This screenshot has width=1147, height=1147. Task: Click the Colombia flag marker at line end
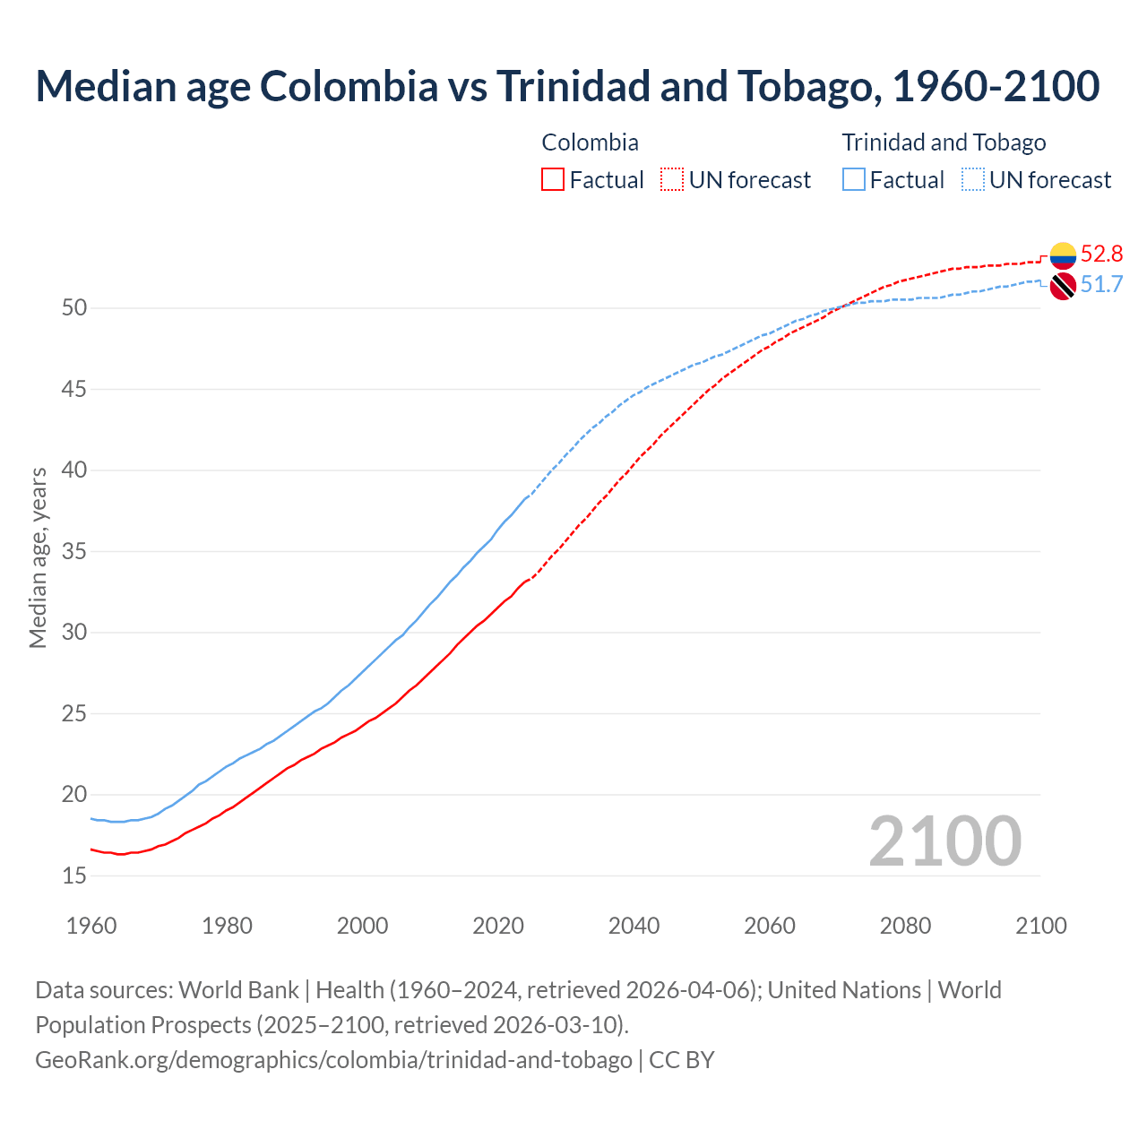pos(1063,255)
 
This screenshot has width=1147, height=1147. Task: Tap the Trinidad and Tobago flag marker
pos(1063,286)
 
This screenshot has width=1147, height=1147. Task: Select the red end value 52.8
pos(1101,254)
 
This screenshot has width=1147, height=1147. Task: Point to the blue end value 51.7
pos(1101,285)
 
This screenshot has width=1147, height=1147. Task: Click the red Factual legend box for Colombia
pos(553,180)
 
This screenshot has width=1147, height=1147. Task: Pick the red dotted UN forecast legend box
pos(672,180)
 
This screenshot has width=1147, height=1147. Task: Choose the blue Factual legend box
pos(854,180)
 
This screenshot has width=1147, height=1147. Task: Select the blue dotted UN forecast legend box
pos(973,180)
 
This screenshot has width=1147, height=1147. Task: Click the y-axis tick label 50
pos(74,308)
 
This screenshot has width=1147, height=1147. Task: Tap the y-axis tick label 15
pos(74,875)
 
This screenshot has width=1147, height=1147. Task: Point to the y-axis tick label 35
pos(74,551)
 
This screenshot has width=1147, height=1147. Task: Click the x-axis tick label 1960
pos(91,926)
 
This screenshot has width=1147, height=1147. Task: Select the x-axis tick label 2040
pos(634,926)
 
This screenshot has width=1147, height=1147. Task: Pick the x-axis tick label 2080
pos(905,926)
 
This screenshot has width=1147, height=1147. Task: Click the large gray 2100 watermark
pos(944,841)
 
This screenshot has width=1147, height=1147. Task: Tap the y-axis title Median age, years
pos(38,557)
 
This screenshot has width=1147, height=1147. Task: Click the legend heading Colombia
pos(591,142)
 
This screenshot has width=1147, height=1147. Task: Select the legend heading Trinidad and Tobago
pos(944,142)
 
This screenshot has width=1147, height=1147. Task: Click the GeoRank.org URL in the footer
pos(333,1060)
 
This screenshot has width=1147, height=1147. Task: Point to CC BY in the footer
pos(682,1060)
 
